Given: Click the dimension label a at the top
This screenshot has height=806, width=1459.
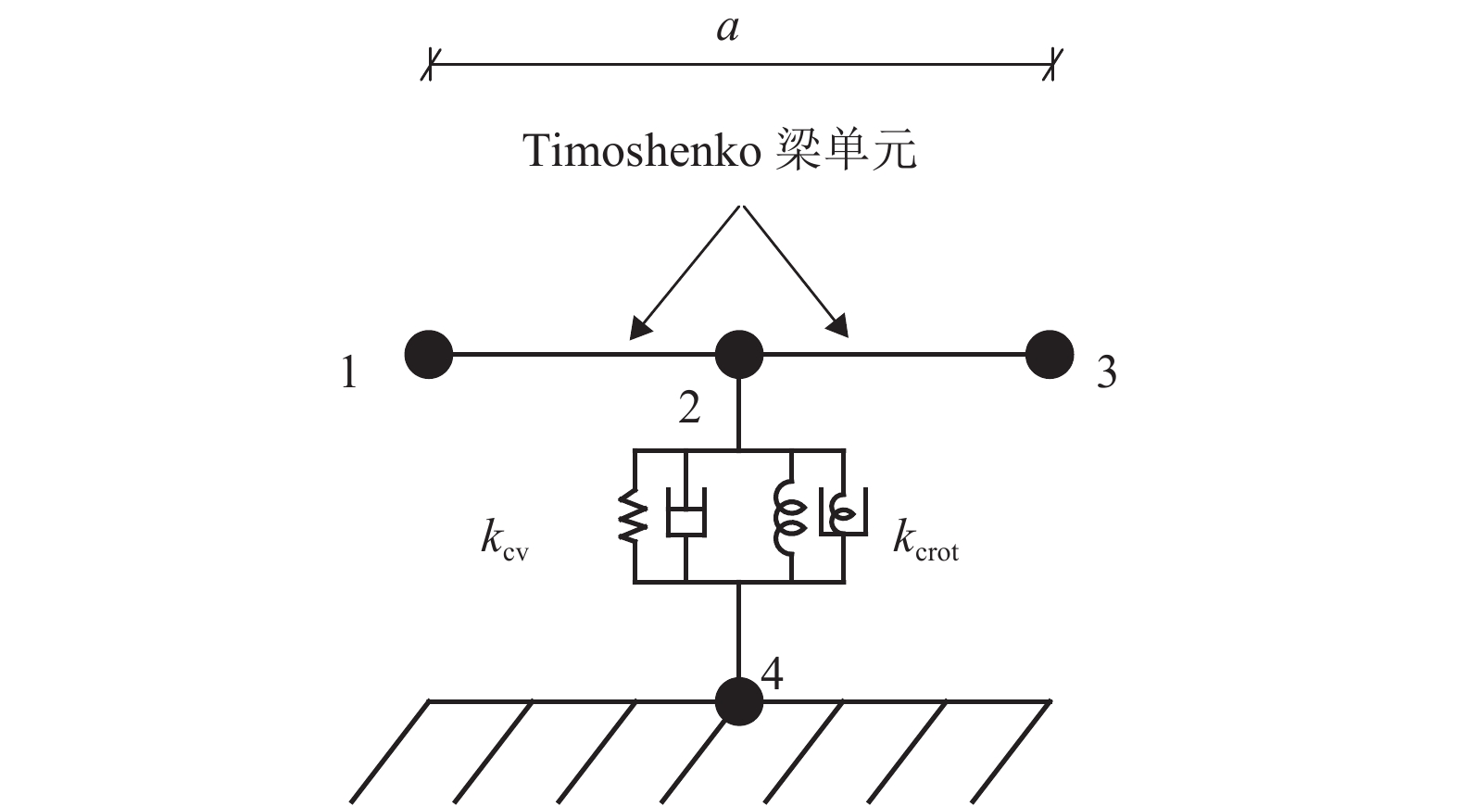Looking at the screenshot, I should pyautogui.click(x=728, y=30).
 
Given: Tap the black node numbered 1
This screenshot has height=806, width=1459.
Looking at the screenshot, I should pyautogui.click(x=429, y=354).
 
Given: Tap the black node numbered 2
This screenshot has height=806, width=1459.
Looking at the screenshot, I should pyautogui.click(x=739, y=354).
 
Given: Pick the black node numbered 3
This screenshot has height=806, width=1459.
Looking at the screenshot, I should pyautogui.click(x=1050, y=354).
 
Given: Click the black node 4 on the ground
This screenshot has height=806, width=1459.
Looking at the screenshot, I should pyautogui.click(x=739, y=701).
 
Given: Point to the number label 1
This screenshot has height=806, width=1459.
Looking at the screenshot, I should pyautogui.click(x=348, y=373).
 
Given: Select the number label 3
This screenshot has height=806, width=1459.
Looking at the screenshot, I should pyautogui.click(x=1106, y=373).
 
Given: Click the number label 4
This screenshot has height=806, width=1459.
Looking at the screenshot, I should pyautogui.click(x=772, y=674).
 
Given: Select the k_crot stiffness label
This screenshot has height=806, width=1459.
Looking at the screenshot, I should pyautogui.click(x=924, y=539).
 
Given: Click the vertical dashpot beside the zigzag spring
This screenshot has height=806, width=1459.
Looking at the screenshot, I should pyautogui.click(x=685, y=514).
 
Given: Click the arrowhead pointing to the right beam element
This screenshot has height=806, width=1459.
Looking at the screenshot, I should pyautogui.click(x=839, y=327).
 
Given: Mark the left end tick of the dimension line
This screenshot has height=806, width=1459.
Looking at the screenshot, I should pyautogui.click(x=428, y=66).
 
